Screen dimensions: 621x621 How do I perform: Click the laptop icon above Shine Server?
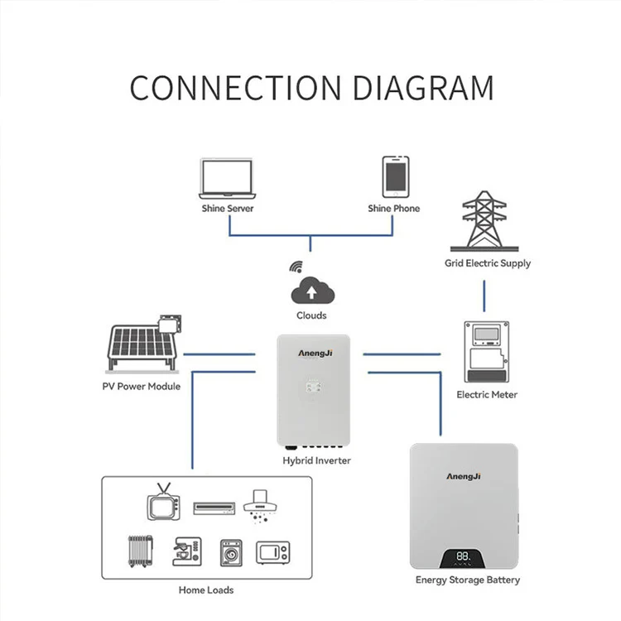[x=227, y=179]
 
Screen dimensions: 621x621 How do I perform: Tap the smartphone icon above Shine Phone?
[x=395, y=176]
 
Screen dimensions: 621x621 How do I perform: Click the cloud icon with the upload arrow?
[x=312, y=291]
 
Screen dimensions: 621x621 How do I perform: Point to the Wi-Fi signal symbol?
[x=296, y=267]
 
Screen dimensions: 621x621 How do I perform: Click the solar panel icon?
[x=144, y=344]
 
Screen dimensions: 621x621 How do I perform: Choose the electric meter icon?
[x=486, y=352]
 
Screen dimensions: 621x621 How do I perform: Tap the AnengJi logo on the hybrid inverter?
[x=315, y=354]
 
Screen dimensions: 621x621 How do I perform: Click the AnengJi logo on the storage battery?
[x=464, y=476]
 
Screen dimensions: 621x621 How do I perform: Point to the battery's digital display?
[x=462, y=558]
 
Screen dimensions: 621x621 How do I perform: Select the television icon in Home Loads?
[x=164, y=502]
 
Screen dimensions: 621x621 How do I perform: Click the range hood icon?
[x=260, y=508]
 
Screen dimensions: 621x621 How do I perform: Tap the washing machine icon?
[x=231, y=553]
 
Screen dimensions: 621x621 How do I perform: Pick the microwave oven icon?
[x=273, y=552]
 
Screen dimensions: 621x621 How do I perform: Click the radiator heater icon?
[x=140, y=551]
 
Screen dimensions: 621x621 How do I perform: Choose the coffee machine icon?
[x=187, y=551]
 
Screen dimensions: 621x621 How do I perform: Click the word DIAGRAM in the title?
[x=423, y=88]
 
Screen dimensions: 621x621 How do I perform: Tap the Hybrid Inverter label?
[x=317, y=460]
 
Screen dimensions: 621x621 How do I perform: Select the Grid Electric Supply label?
[x=488, y=263]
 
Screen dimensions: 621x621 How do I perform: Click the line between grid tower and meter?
[x=484, y=296]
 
